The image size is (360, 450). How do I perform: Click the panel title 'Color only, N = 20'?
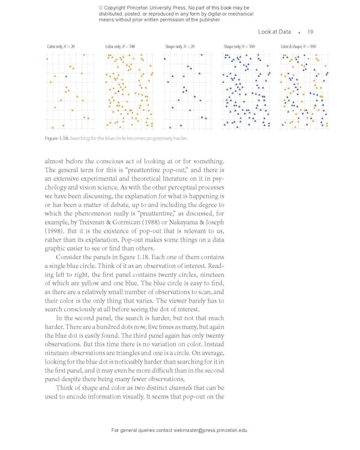pyautogui.click(x=61, y=46)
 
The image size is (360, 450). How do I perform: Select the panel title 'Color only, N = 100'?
pyautogui.click(x=120, y=46)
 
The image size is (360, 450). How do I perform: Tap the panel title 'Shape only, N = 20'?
pyautogui.click(x=179, y=46)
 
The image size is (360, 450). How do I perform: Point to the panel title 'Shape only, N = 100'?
pyautogui.click(x=239, y=46)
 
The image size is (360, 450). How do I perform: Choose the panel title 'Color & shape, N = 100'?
pyautogui.click(x=298, y=46)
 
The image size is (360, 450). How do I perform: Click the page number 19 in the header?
pyautogui.click(x=310, y=32)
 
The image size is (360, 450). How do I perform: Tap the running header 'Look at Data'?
pyautogui.click(x=274, y=32)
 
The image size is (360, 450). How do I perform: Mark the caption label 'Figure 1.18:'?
pyautogui.click(x=56, y=139)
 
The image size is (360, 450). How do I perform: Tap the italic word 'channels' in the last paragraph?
pyautogui.click(x=181, y=388)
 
